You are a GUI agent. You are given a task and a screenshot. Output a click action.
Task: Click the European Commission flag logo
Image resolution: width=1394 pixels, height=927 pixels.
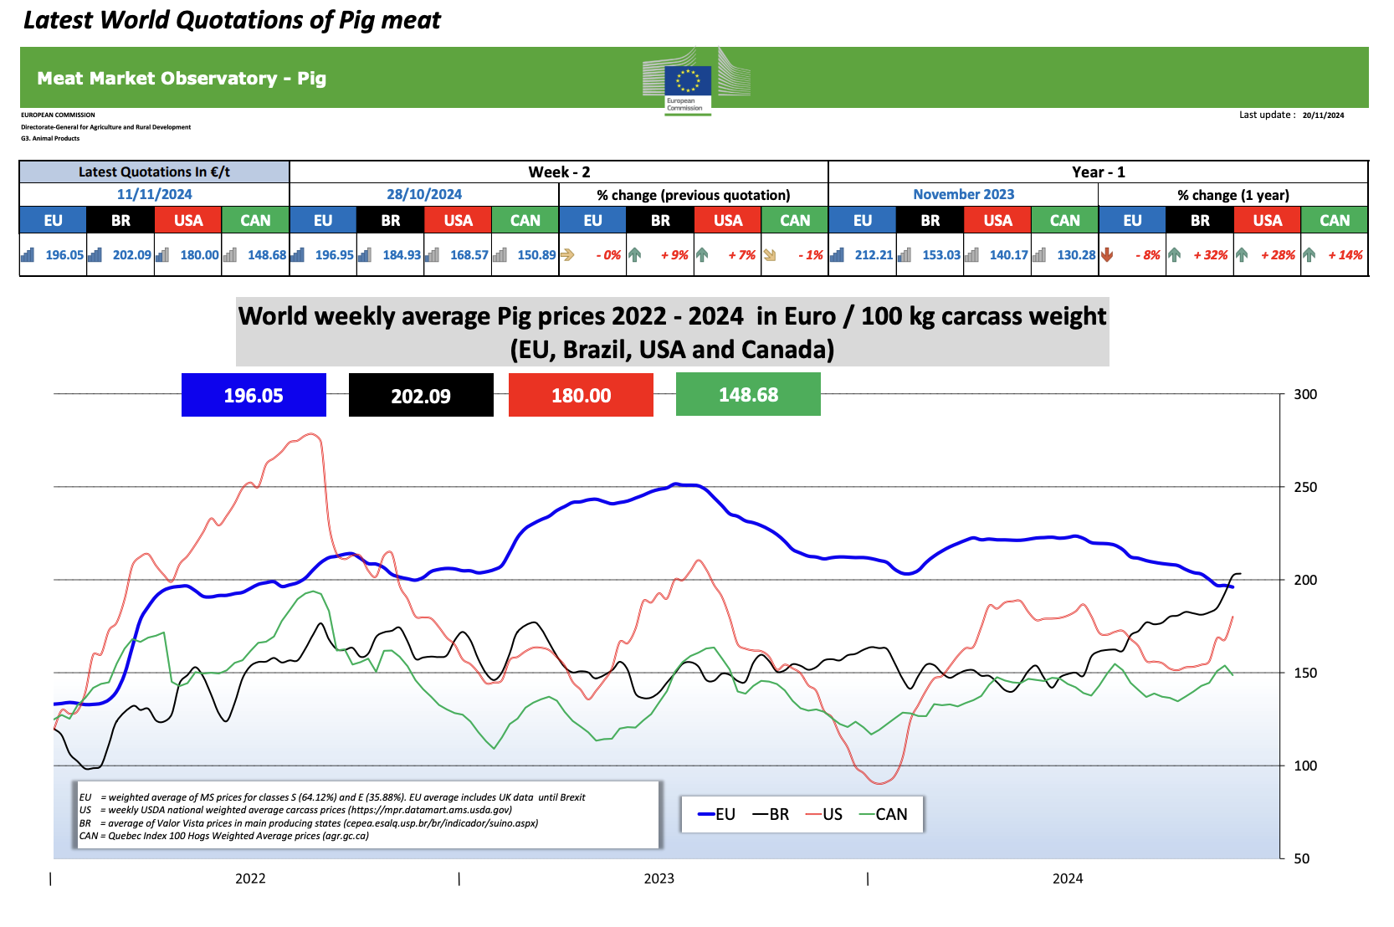(688, 81)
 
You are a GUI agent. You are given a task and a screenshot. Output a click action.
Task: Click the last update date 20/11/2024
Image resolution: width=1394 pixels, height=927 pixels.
(1323, 115)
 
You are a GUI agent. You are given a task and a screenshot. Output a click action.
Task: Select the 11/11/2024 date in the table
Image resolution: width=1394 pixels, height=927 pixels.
(154, 194)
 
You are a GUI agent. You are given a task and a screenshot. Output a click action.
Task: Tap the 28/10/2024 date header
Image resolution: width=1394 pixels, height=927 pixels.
(424, 194)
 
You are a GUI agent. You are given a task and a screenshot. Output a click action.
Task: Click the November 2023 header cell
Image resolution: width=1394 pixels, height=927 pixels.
(963, 194)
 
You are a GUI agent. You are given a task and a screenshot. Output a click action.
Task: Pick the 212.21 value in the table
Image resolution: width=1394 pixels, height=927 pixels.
(874, 255)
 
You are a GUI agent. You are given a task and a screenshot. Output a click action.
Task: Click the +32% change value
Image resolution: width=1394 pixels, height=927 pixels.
(1210, 255)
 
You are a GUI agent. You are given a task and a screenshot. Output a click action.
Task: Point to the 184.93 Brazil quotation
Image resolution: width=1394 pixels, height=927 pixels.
(402, 255)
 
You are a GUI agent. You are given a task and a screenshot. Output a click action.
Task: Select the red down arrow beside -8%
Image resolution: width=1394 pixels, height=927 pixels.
(1107, 254)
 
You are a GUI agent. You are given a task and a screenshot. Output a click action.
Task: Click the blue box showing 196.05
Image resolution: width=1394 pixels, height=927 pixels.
(254, 395)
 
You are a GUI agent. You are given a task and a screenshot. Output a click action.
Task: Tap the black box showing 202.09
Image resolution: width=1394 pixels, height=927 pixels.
(421, 395)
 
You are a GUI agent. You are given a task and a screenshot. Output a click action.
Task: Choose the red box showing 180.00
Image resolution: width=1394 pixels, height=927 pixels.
(581, 395)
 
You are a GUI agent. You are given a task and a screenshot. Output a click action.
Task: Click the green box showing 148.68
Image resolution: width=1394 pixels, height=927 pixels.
(748, 395)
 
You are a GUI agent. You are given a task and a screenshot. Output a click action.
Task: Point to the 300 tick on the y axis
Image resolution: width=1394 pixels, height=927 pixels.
(1304, 394)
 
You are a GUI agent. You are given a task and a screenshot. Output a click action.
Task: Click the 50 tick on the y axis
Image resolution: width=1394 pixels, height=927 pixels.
(1301, 858)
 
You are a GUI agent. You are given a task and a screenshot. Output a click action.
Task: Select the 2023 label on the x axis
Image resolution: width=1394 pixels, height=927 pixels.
(659, 878)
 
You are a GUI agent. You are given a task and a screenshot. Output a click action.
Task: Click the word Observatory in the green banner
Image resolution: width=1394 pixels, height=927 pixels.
(225, 79)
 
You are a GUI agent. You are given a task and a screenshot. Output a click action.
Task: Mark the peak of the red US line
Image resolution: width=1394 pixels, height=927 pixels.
(311, 433)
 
